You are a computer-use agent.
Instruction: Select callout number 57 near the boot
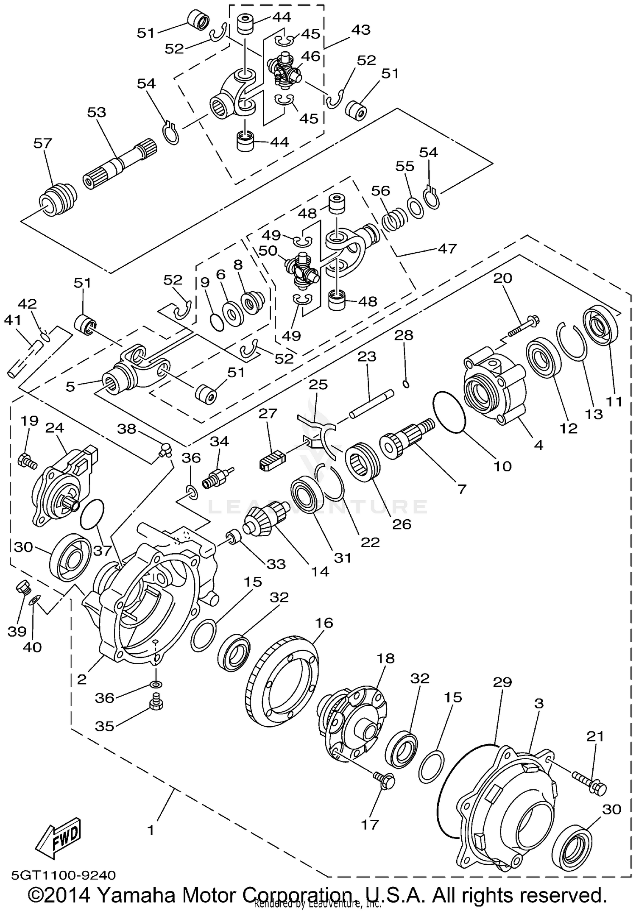tap(43, 143)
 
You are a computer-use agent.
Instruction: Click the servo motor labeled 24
tap(64, 483)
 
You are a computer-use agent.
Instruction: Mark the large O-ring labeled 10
tap(450, 412)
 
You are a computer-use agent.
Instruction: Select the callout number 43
tap(360, 30)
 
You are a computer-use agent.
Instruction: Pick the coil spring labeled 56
tap(394, 220)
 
